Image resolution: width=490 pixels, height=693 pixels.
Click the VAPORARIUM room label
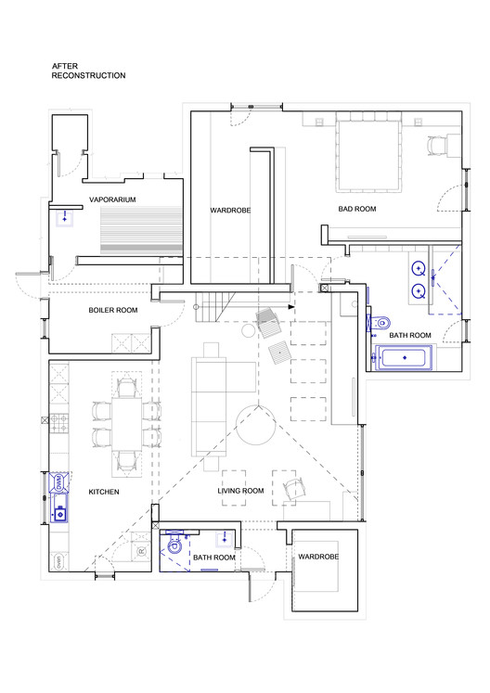coord(112,199)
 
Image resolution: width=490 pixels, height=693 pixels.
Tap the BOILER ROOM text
coord(113,310)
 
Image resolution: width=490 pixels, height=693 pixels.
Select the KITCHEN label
coord(104,492)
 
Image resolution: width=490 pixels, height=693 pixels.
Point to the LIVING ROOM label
coord(240,491)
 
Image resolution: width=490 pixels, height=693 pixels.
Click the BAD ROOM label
coord(357,209)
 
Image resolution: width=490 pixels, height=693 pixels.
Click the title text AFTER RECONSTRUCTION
coord(88,71)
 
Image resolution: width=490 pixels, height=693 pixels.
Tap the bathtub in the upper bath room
coord(404,357)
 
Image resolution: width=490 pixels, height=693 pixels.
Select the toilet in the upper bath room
coord(380,323)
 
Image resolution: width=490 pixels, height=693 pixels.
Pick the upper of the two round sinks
coord(419,268)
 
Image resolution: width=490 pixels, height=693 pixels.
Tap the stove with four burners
coord(58,422)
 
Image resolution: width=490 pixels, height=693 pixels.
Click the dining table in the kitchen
coord(126,424)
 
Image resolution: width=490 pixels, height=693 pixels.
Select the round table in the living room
coord(256,425)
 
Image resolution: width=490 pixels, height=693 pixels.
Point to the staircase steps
coord(214,307)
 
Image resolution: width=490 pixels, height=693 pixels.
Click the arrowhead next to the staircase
coord(291,306)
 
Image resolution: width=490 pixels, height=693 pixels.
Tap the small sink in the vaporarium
coord(65,219)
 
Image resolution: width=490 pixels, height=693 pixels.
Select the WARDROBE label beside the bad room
coord(230,211)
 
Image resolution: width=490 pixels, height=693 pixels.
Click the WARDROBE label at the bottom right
coord(318,557)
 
